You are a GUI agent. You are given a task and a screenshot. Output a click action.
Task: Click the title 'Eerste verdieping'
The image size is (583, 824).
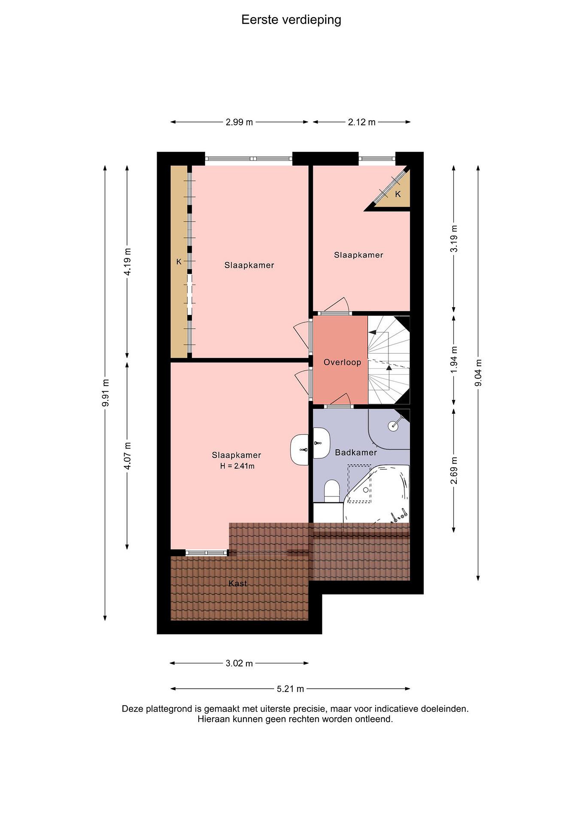click(x=291, y=20)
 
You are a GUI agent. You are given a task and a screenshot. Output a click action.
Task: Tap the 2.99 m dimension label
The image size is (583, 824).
click(x=239, y=122)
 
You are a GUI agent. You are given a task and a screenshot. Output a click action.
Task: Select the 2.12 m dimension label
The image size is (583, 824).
click(x=361, y=122)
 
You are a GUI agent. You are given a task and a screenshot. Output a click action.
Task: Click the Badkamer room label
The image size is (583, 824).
click(x=356, y=453)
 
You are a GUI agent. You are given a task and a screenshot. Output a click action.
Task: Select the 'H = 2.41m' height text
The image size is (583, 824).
click(x=237, y=466)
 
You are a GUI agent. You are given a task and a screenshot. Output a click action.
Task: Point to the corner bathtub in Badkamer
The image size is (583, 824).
click(x=377, y=494)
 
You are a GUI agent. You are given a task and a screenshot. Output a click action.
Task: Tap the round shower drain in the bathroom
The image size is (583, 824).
click(x=393, y=426)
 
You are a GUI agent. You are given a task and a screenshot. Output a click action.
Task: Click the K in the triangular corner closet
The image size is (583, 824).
click(x=398, y=194)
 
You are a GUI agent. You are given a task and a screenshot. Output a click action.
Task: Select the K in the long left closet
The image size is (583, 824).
click(x=179, y=262)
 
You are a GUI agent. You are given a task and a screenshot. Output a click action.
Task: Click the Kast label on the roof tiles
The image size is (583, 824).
click(x=238, y=584)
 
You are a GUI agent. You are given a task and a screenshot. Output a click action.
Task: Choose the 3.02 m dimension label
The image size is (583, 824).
click(x=239, y=663)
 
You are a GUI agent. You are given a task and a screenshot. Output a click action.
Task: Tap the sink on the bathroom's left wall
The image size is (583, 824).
click(x=322, y=443)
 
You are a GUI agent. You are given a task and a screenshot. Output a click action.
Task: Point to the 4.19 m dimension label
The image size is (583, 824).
click(x=127, y=262)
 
